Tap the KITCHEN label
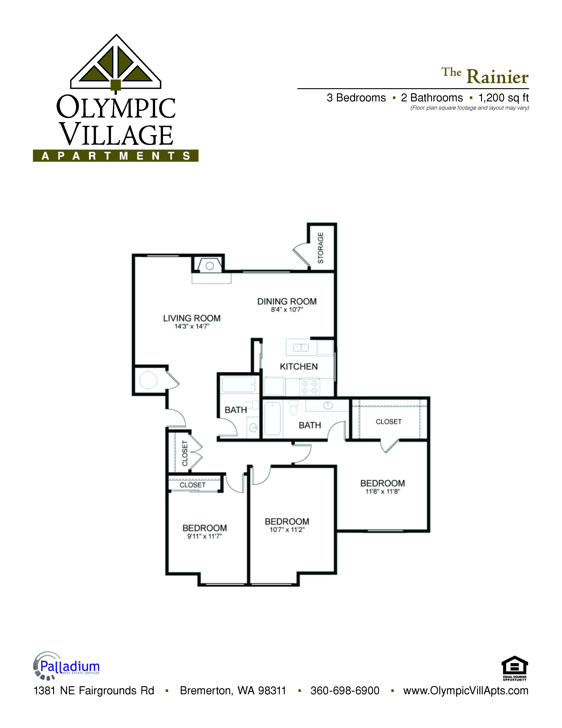click(x=299, y=367)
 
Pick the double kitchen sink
click(x=301, y=348)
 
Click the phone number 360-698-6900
click(x=345, y=690)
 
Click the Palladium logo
click(x=67, y=666)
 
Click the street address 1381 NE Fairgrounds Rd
click(x=94, y=690)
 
